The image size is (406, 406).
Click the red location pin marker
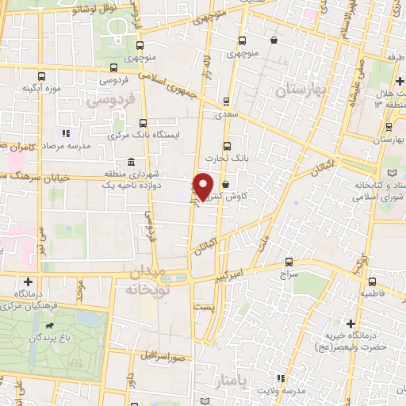204,186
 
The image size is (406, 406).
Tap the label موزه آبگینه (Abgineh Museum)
42,87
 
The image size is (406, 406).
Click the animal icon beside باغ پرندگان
50,326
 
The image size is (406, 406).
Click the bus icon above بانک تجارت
228,146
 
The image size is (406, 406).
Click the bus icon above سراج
288,261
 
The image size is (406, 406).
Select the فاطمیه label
377,293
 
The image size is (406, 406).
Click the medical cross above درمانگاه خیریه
350,323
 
